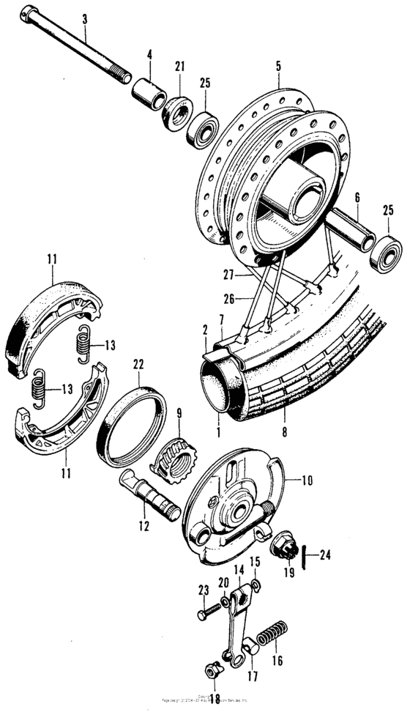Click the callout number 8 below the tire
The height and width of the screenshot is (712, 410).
tap(283, 433)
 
